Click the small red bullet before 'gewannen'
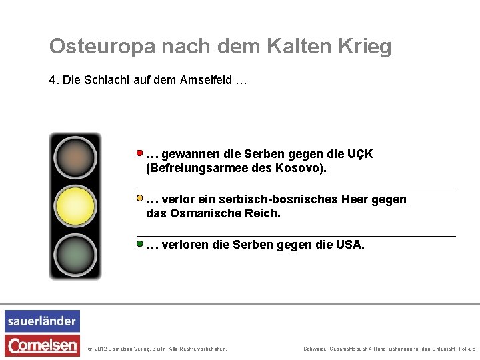tap(140, 153)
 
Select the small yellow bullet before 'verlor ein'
tap(140, 198)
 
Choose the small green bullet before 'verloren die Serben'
tap(140, 244)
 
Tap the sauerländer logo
tap(42, 321)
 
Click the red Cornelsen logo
tap(42, 345)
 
